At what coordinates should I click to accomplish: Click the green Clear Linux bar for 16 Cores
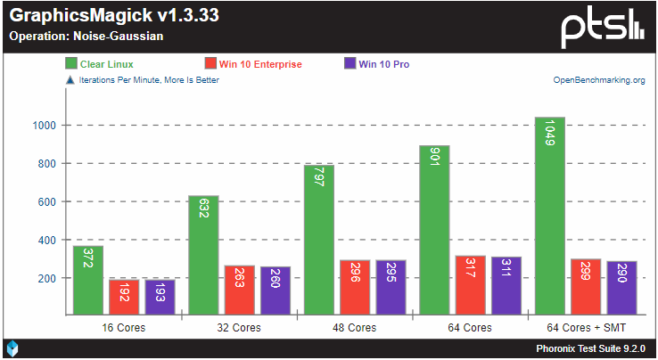[87, 281]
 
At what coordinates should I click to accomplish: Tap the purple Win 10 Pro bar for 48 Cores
[391, 288]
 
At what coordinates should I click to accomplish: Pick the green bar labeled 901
[433, 230]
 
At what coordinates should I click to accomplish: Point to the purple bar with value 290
[621, 288]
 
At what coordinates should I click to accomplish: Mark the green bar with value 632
[202, 256]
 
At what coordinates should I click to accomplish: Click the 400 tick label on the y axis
[48, 241]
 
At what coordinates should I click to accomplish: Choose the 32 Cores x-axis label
[239, 328]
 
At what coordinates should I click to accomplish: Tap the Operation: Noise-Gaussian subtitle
[86, 37]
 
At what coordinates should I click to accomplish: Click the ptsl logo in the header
[602, 27]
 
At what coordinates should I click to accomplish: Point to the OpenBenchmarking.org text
[599, 80]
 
